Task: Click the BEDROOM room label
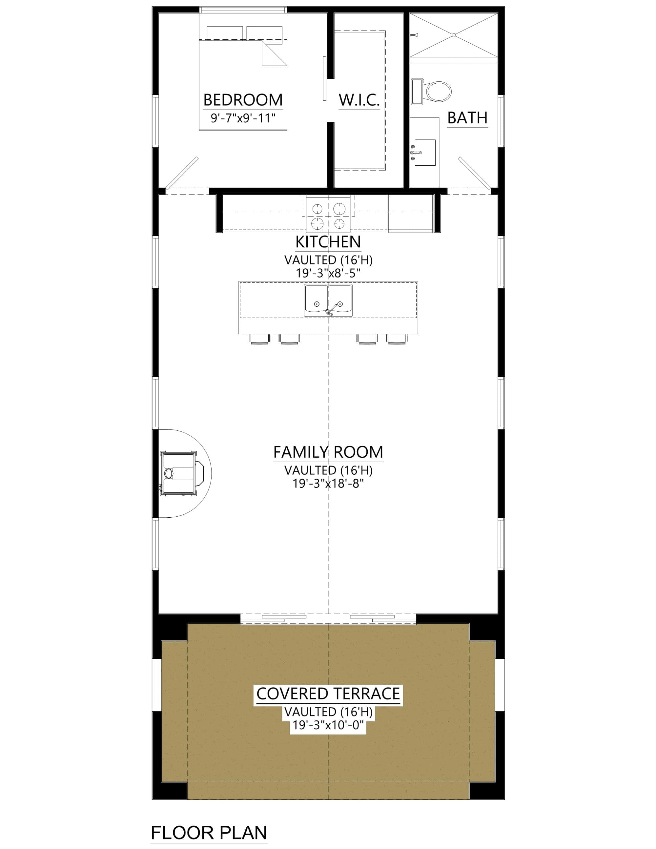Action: click(x=243, y=100)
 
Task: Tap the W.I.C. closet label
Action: click(x=359, y=100)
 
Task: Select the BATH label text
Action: click(x=467, y=118)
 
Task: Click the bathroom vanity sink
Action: click(x=424, y=153)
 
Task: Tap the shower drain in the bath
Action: click(x=454, y=35)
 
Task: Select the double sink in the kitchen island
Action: click(x=328, y=300)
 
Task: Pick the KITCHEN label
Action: click(x=328, y=242)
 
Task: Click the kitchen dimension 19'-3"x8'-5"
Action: click(x=328, y=273)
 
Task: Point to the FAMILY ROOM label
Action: click(x=328, y=452)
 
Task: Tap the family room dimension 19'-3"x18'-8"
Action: click(x=328, y=484)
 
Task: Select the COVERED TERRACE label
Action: click(x=328, y=694)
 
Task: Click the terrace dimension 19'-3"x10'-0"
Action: click(x=328, y=725)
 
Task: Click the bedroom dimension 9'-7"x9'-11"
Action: click(x=243, y=118)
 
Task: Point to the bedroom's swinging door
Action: click(x=182, y=173)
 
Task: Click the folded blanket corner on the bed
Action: click(x=274, y=54)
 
